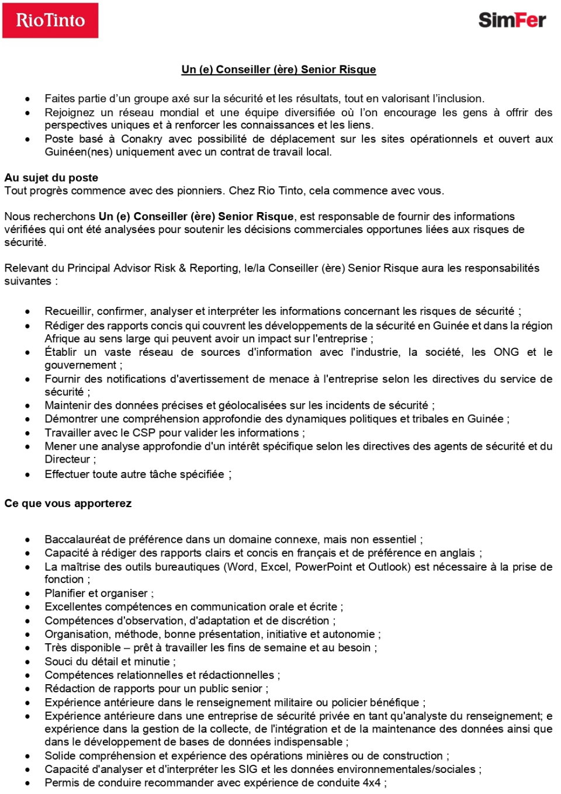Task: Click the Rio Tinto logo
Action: [x=50, y=20]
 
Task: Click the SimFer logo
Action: [x=512, y=20]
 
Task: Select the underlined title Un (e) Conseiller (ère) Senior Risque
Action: [x=279, y=70]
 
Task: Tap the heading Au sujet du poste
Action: [x=51, y=178]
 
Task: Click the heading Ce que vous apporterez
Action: [x=68, y=504]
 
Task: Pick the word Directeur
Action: [x=67, y=459]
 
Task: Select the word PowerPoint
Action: [x=324, y=567]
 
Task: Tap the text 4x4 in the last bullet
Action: [x=371, y=783]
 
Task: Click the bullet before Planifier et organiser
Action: [x=28, y=594]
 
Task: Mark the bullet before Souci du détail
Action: [x=28, y=662]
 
